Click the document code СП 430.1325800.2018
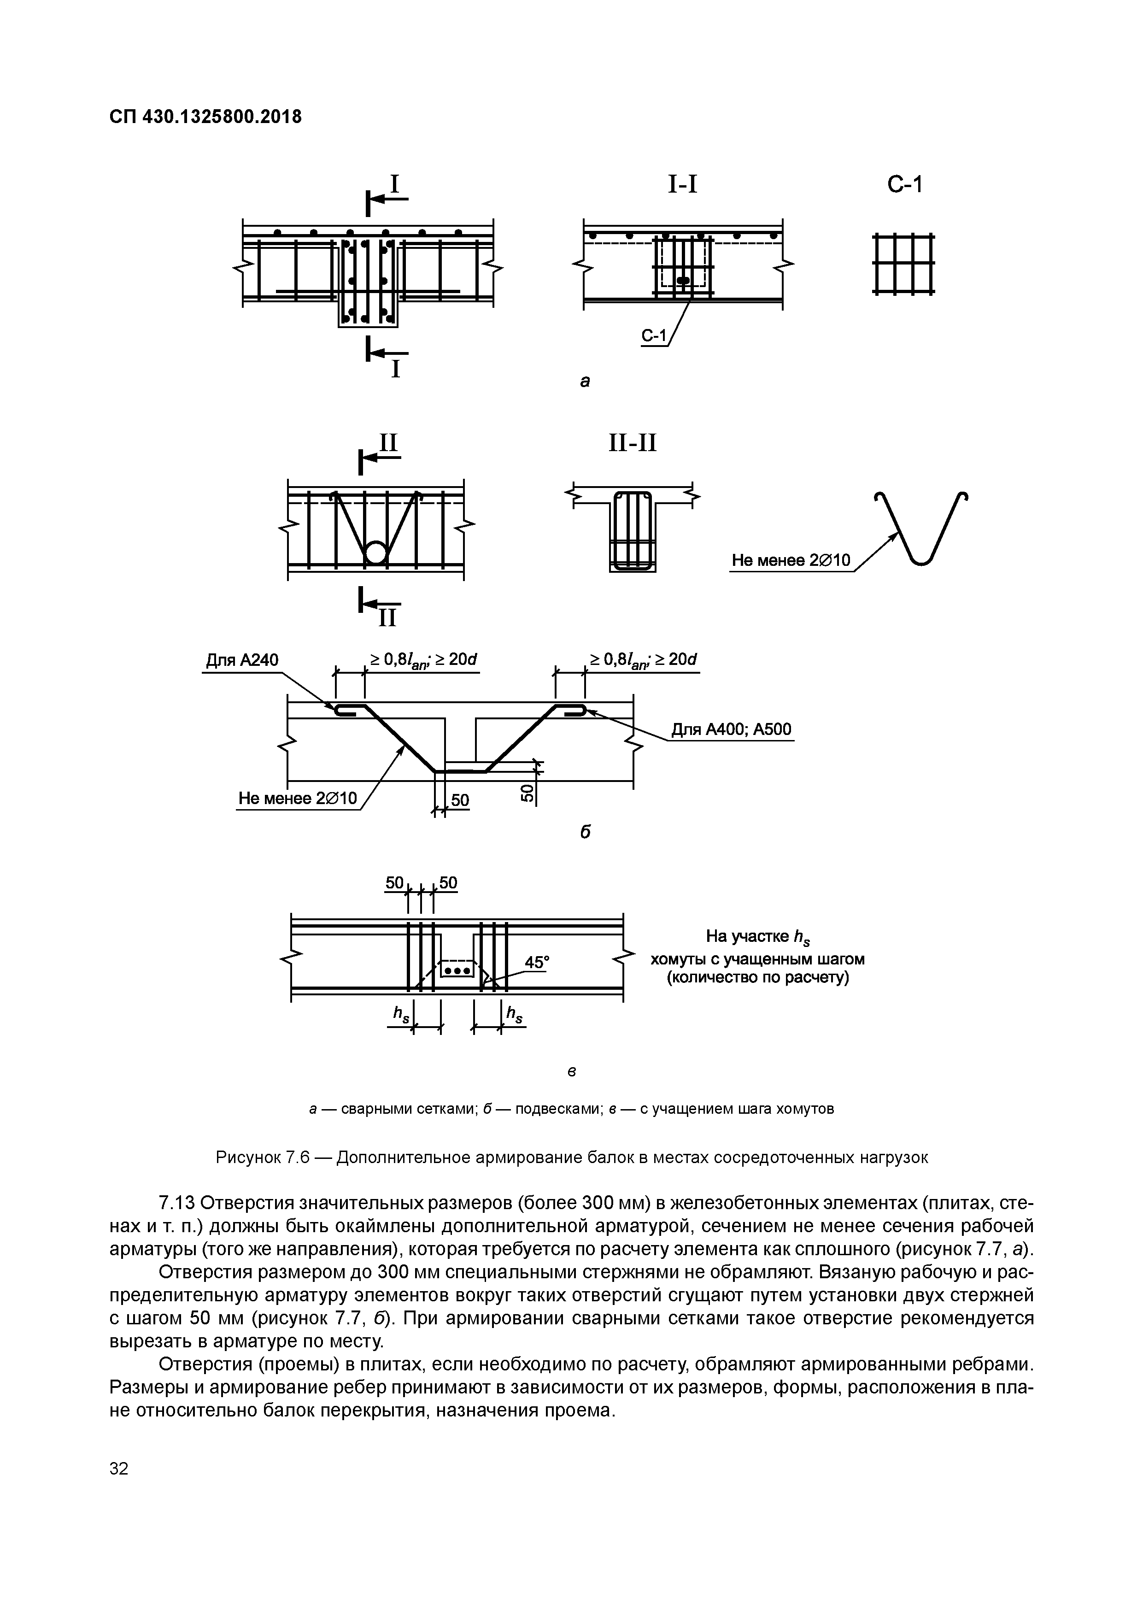click(x=205, y=116)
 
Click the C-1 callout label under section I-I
click(x=653, y=337)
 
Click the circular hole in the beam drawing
click(x=376, y=552)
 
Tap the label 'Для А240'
click(x=241, y=660)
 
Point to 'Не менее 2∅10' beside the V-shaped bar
click(x=791, y=560)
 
